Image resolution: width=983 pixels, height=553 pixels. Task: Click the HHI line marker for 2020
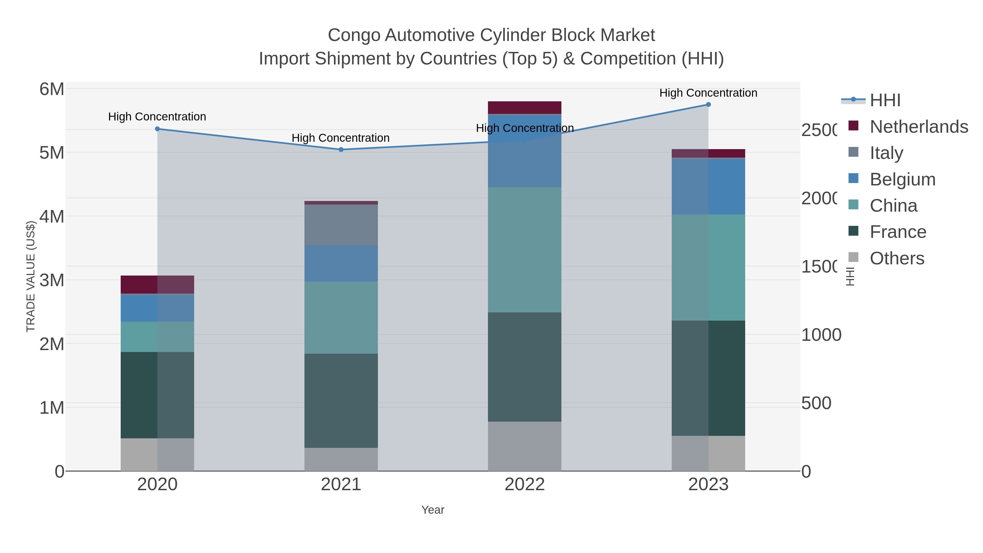point(157,129)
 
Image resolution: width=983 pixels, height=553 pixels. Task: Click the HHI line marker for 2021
point(341,150)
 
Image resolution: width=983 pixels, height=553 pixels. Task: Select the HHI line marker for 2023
point(708,105)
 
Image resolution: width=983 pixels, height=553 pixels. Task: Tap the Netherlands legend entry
point(919,127)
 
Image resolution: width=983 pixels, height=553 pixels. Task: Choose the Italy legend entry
point(886,153)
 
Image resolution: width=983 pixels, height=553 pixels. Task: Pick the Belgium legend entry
point(902,179)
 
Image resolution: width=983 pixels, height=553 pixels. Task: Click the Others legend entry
point(897,258)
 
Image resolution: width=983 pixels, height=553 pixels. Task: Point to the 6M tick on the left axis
point(52,89)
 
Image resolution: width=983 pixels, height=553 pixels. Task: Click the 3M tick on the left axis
point(52,280)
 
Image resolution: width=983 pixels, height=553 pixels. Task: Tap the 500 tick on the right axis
point(816,403)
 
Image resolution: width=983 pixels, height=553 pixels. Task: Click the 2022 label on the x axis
point(525,485)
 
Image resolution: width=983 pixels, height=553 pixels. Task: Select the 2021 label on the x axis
point(341,485)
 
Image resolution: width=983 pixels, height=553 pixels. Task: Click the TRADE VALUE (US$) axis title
point(31,276)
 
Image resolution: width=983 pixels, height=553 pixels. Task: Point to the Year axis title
point(433,510)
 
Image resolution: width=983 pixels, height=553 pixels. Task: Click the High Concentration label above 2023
point(708,93)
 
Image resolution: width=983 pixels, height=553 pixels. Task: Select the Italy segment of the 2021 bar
point(341,225)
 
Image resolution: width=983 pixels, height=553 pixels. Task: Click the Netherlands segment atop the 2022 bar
point(525,107)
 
